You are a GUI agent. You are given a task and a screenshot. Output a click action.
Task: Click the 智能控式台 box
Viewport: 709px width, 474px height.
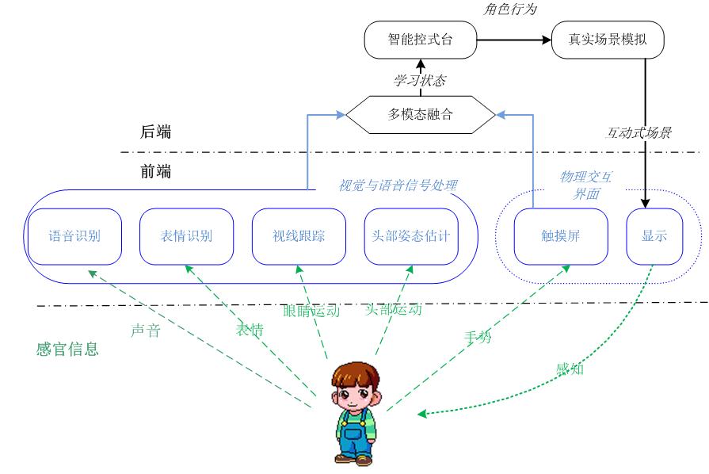pyautogui.click(x=421, y=40)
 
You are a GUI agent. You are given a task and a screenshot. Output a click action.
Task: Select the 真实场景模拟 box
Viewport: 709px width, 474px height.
pyautogui.click(x=608, y=40)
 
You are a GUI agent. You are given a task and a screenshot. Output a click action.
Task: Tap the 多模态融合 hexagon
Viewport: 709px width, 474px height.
pyautogui.click(x=421, y=114)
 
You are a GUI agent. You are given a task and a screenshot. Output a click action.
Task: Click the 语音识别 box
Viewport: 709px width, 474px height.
pyautogui.click(x=74, y=236)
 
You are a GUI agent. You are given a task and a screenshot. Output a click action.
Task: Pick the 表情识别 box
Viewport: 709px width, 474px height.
pyautogui.click(x=186, y=236)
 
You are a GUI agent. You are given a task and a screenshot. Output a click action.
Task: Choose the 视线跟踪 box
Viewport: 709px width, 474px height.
pyautogui.click(x=299, y=236)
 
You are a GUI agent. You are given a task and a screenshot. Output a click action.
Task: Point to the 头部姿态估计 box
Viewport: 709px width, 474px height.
pyautogui.click(x=410, y=236)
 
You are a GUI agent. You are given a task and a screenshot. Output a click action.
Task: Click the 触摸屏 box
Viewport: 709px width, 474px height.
pyautogui.click(x=561, y=236)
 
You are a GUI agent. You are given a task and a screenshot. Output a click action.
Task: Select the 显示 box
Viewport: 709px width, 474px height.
pyautogui.click(x=654, y=236)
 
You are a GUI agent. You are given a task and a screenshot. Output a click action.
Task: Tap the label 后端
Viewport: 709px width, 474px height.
pyautogui.click(x=155, y=132)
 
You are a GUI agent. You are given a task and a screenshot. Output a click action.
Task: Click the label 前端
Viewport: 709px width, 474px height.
pyautogui.click(x=155, y=171)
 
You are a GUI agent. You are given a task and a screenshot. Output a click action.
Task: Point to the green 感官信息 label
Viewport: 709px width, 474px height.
pyautogui.click(x=67, y=349)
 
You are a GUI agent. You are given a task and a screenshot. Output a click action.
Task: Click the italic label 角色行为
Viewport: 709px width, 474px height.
pyautogui.click(x=509, y=10)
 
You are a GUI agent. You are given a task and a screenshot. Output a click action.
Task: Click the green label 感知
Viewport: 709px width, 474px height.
pyautogui.click(x=570, y=368)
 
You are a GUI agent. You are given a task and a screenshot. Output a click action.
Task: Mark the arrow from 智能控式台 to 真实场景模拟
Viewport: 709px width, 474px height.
pyautogui.click(x=514, y=40)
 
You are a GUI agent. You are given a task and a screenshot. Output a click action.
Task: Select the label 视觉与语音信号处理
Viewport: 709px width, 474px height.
pyautogui.click(x=398, y=185)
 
